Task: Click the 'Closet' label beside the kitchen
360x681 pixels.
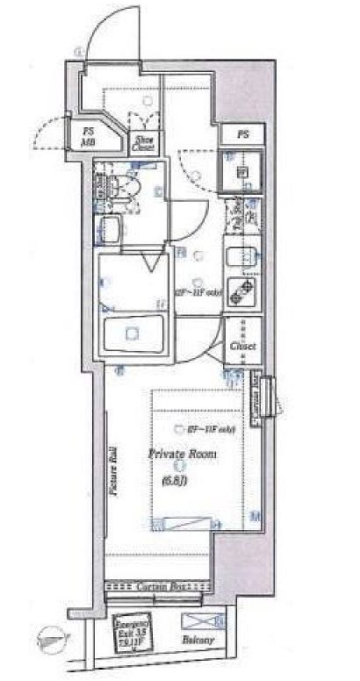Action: tap(243, 346)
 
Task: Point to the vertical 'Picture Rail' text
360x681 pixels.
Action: tap(113, 475)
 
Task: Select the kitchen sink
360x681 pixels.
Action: tap(241, 260)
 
